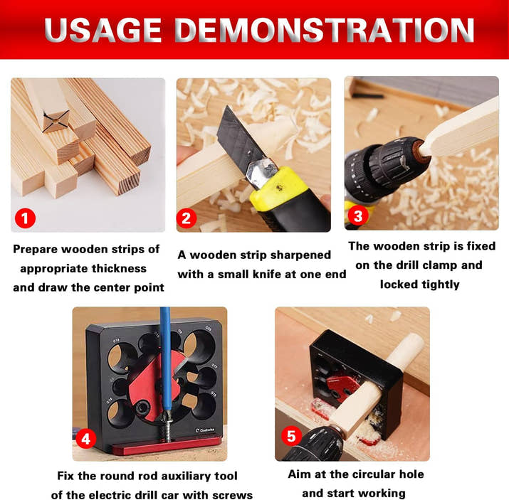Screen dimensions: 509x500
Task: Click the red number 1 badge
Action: coord(25,218)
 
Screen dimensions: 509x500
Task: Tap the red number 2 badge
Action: coord(187,218)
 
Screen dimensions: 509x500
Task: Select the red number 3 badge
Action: coord(358,216)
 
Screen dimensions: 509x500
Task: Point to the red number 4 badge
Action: coord(85,439)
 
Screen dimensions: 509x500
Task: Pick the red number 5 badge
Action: coord(291,436)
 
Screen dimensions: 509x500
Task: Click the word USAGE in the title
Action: coord(103,30)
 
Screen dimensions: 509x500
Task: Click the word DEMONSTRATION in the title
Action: coord(324,30)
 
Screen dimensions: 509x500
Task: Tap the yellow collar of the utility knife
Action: coord(278,188)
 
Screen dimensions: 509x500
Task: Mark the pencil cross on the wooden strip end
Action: coord(56,122)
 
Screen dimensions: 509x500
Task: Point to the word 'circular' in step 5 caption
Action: coord(369,474)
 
